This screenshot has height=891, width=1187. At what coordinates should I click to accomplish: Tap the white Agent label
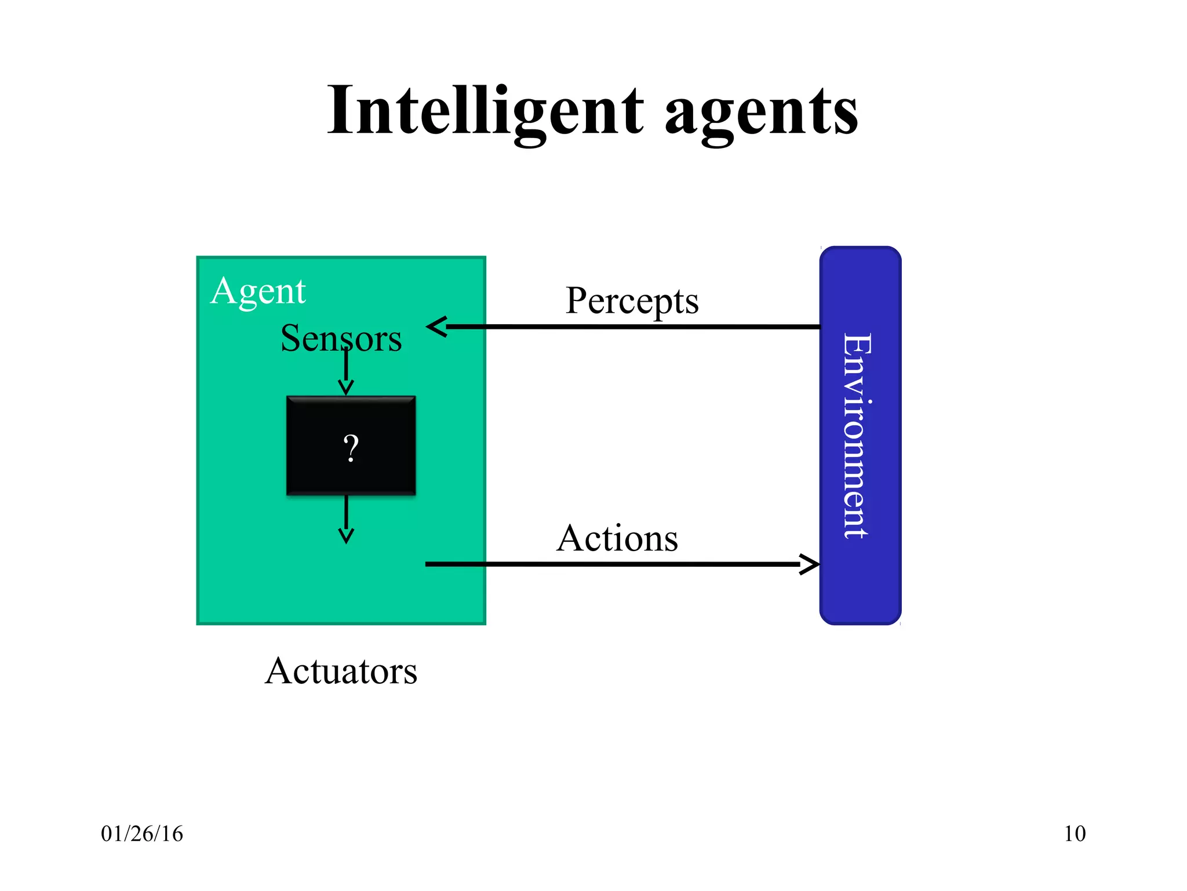258,291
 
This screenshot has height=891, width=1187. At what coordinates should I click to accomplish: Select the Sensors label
341,338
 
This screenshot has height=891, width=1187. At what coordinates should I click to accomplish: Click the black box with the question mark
351,445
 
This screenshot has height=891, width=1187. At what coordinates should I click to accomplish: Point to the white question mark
351,448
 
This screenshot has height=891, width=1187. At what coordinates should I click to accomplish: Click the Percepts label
632,301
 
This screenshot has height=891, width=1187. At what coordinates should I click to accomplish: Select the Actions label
617,538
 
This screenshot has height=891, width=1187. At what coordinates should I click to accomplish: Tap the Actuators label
341,671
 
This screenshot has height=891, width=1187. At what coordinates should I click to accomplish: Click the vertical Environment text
858,435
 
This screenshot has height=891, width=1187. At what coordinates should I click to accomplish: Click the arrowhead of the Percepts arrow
438,327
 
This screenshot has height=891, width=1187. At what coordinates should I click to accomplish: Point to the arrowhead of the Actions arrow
810,564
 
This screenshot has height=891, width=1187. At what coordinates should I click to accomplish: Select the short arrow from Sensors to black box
346,371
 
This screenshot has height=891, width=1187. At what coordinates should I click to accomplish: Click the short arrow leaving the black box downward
346,519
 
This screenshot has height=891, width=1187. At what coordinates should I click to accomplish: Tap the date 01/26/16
142,834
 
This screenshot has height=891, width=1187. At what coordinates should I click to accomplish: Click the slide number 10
1075,834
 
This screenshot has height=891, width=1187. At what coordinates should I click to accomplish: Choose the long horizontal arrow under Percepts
632,327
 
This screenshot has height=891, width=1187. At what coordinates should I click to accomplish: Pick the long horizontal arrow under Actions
614,564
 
